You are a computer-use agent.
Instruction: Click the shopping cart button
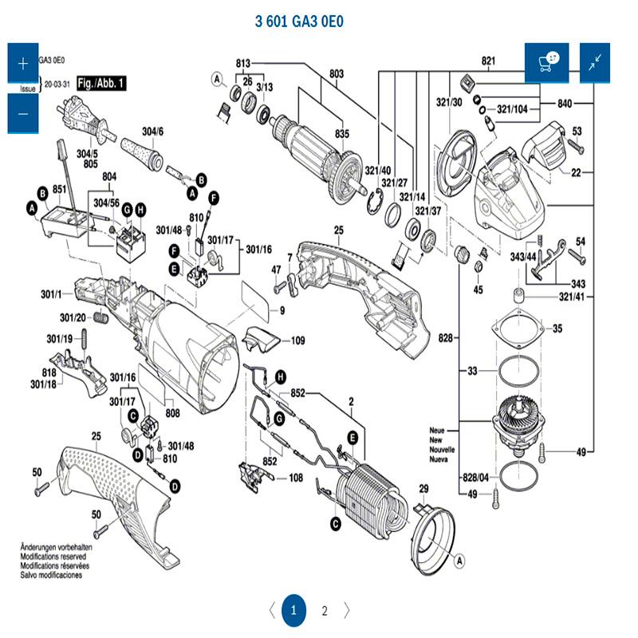tap(546, 62)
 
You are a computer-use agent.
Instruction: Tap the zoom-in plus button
tap(22, 63)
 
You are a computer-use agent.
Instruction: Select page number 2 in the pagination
tap(325, 612)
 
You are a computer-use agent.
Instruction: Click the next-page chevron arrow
tap(347, 612)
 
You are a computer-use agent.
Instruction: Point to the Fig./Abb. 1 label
tap(101, 83)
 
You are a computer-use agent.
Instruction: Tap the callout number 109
tap(297, 341)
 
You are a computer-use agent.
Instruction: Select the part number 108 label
tap(296, 478)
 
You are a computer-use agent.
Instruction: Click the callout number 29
tap(423, 488)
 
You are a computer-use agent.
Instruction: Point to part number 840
tap(565, 104)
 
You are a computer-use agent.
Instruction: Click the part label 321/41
tap(571, 297)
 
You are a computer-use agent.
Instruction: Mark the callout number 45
tap(478, 289)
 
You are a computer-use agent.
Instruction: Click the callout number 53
tap(577, 130)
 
